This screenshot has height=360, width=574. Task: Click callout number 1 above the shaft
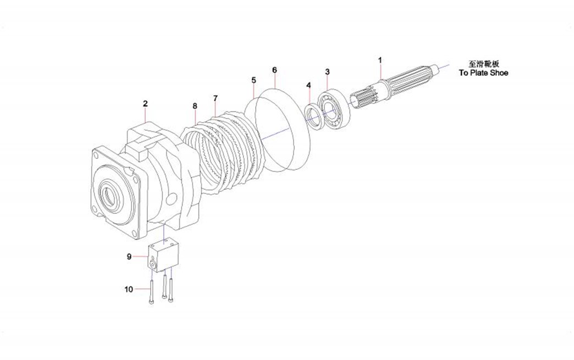click(x=379, y=59)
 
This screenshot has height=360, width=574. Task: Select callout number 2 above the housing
click(x=145, y=103)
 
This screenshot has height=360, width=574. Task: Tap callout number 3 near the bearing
click(x=328, y=71)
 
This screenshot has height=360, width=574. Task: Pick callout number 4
click(x=308, y=85)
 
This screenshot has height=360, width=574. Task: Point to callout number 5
click(x=253, y=80)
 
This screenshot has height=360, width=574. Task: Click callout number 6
click(x=274, y=70)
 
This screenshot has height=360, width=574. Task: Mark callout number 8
click(x=195, y=105)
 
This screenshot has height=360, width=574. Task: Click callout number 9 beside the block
click(x=129, y=256)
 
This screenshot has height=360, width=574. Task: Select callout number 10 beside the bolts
click(x=129, y=289)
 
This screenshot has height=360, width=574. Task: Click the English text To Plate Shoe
click(x=484, y=73)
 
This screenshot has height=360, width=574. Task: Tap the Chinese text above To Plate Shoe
click(x=484, y=64)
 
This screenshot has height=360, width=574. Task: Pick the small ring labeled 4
click(x=314, y=116)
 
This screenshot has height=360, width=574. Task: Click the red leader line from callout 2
click(x=145, y=116)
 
